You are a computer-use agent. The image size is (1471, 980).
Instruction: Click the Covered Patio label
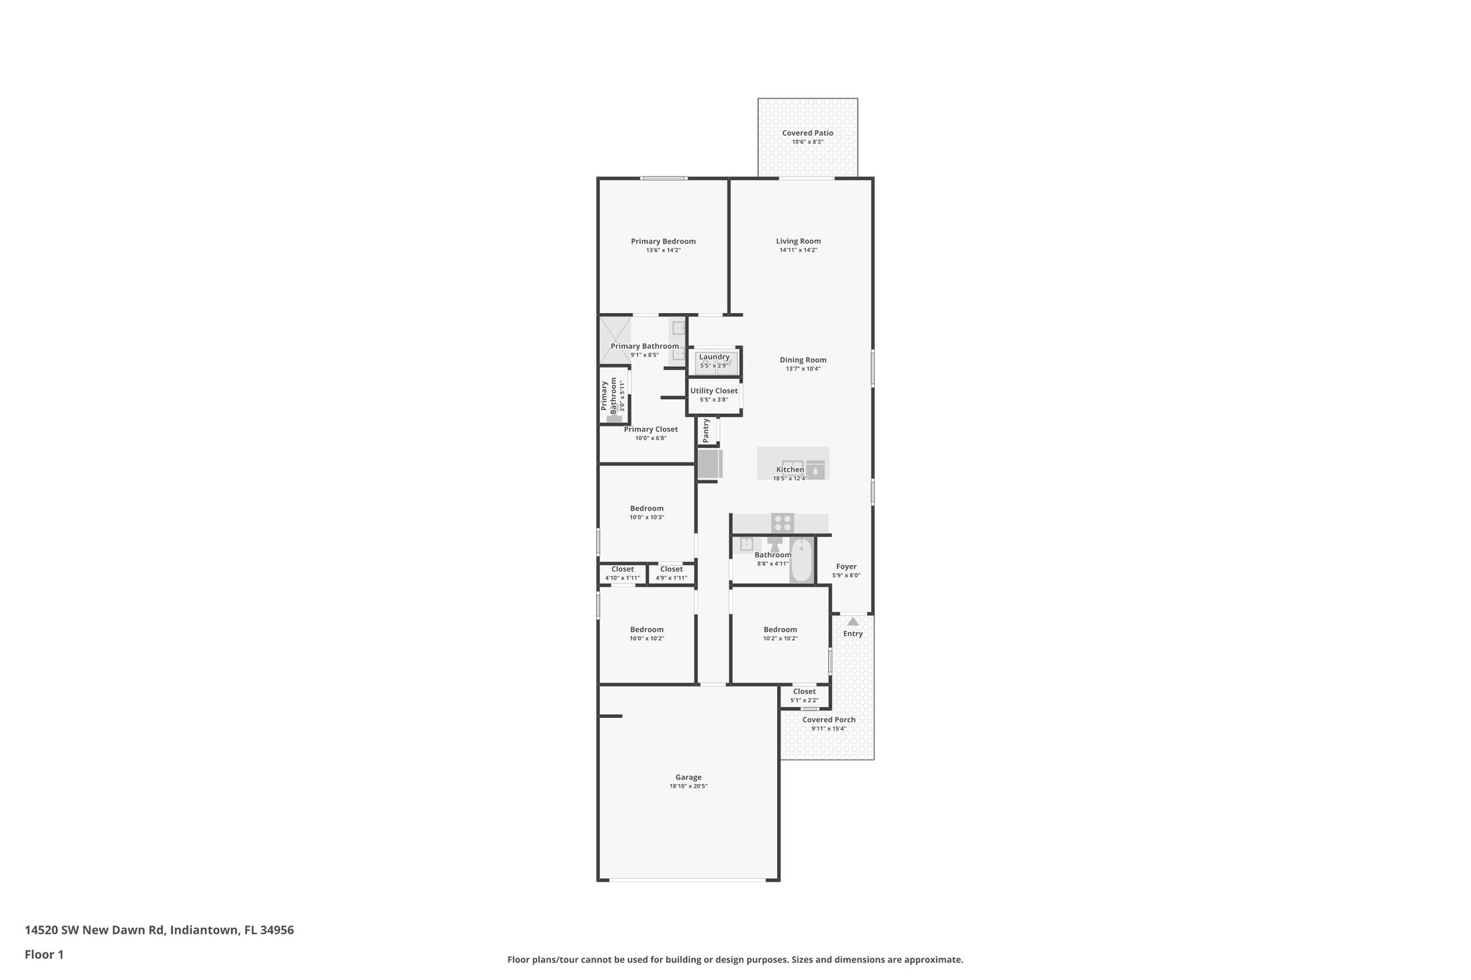click(807, 133)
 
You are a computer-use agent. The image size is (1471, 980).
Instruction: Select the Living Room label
click(798, 241)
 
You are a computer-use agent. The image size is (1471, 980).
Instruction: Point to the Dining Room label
click(803, 360)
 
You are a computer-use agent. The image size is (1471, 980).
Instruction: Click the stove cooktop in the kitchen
click(783, 522)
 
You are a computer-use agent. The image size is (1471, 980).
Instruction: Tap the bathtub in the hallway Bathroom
click(801, 561)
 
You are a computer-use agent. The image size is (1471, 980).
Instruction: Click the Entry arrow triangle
click(853, 622)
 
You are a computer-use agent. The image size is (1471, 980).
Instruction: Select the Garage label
click(688, 777)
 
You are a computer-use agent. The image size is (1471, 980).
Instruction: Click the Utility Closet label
click(714, 391)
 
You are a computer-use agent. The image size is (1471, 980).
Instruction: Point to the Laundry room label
click(714, 357)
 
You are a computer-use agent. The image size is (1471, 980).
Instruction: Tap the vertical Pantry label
click(706, 430)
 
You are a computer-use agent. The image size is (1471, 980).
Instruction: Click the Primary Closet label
click(651, 429)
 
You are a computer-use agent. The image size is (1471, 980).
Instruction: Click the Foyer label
click(846, 566)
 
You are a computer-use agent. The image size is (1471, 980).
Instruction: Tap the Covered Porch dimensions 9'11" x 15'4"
click(829, 729)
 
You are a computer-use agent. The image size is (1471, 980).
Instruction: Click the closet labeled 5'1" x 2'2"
click(804, 695)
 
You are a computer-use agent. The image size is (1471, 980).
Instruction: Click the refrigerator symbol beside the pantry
click(710, 464)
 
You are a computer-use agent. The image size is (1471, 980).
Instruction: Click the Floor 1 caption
click(44, 954)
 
